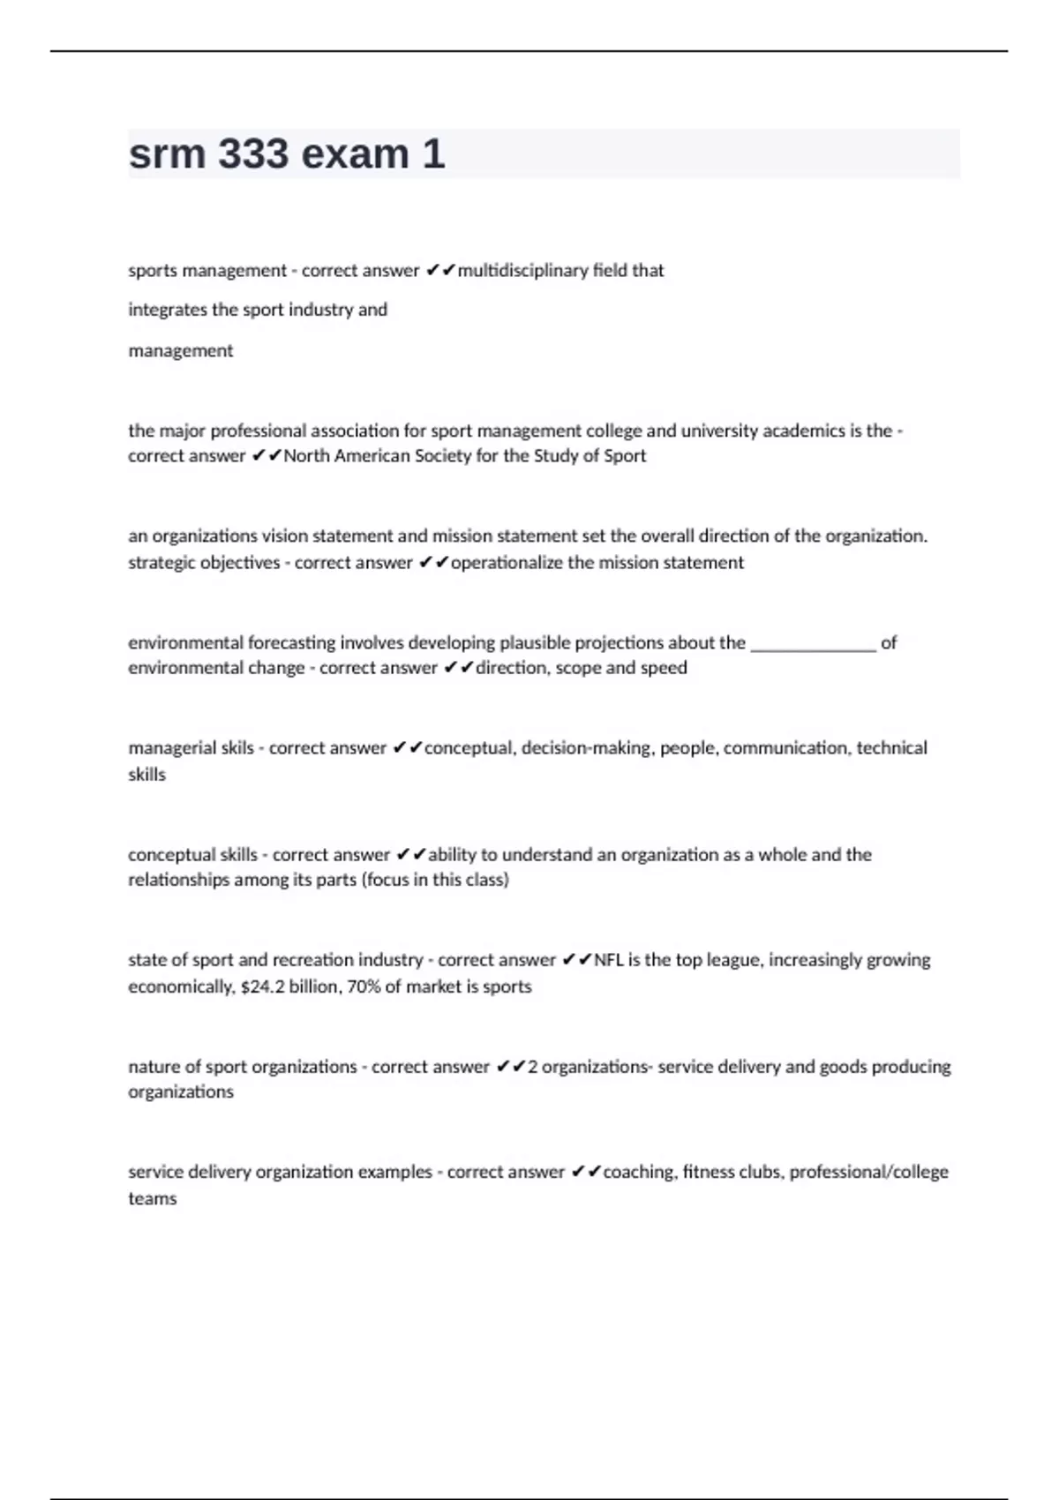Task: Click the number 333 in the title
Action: pos(252,154)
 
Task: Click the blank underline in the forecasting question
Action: pos(813,644)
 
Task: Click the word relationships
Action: pos(178,880)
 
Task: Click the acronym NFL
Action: pos(609,960)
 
